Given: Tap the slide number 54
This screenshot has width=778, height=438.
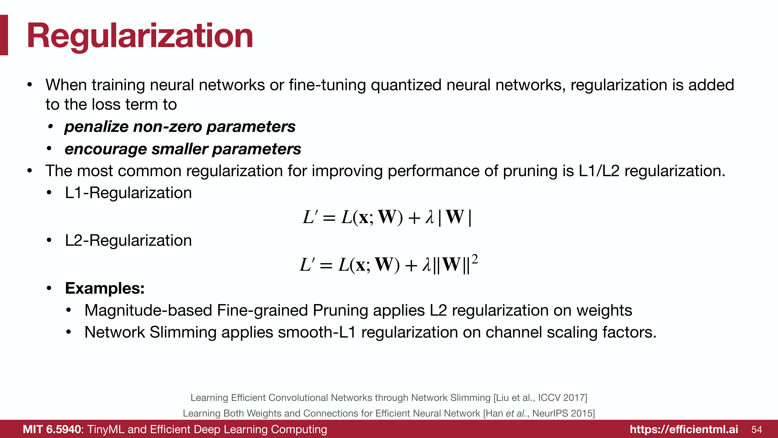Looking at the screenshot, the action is (757, 430).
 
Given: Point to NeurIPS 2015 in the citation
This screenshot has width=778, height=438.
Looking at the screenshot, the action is (562, 413).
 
